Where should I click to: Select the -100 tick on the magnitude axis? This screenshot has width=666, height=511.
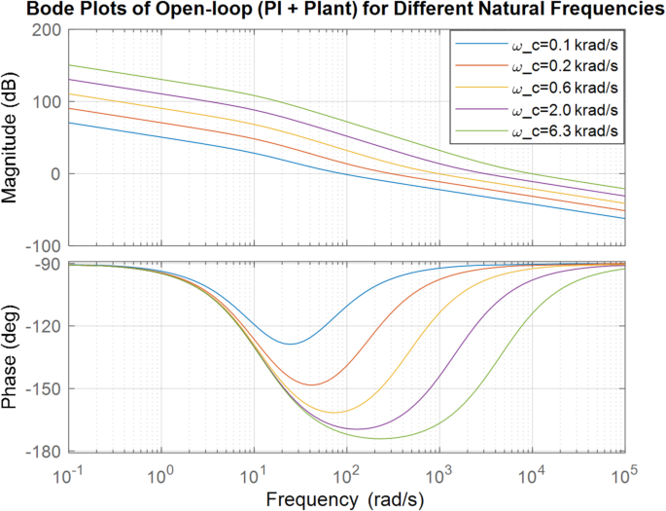click(x=42, y=246)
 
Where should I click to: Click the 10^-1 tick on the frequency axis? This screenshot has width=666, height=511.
click(x=69, y=476)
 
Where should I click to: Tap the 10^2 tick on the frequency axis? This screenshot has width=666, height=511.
click(x=346, y=476)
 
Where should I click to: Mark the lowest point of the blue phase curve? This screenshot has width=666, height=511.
click(x=290, y=344)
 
